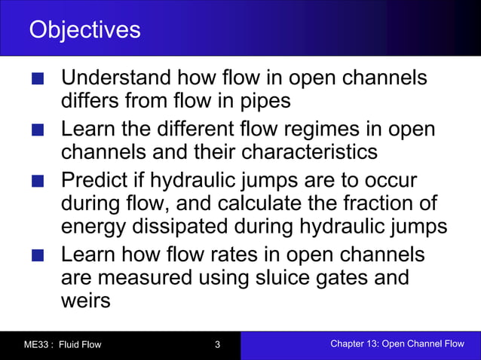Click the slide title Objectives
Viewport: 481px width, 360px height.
[84, 29]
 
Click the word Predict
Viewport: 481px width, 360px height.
[95, 182]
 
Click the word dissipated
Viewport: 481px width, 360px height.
[198, 226]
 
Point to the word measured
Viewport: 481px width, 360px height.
[147, 278]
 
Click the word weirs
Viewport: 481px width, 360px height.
[85, 301]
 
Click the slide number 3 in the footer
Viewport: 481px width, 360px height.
[217, 345]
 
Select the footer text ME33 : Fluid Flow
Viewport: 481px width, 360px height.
[62, 345]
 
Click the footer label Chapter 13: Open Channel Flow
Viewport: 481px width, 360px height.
[397, 344]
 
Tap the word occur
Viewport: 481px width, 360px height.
[388, 182]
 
